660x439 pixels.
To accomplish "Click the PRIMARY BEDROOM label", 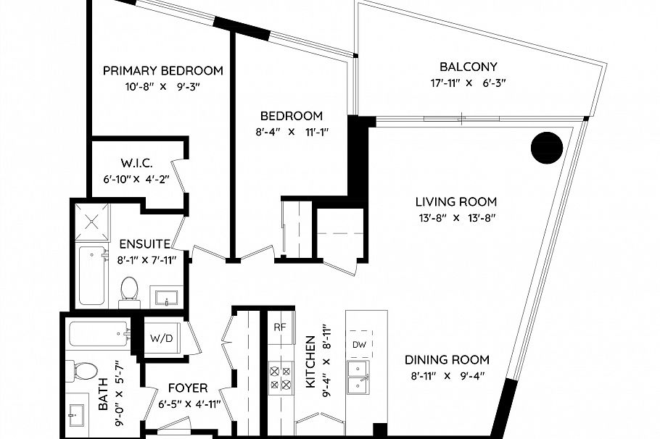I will pyautogui.click(x=162, y=70).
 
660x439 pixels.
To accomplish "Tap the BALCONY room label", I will pyautogui.click(x=468, y=66).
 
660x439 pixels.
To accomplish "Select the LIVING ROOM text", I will pyautogui.click(x=455, y=201).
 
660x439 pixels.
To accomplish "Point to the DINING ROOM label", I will pyautogui.click(x=447, y=359).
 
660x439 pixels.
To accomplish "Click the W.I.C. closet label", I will pyautogui.click(x=136, y=164).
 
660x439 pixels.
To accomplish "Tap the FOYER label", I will pyautogui.click(x=187, y=388).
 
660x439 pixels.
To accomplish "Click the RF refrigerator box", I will pyautogui.click(x=280, y=327).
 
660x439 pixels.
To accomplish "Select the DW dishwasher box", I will pyautogui.click(x=359, y=344).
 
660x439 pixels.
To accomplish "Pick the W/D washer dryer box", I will pyautogui.click(x=160, y=338).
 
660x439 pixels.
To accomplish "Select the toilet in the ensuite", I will pyautogui.click(x=130, y=288).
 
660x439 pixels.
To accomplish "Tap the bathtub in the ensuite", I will pyautogui.click(x=92, y=275).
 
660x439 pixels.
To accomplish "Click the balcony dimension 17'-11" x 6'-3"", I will pyautogui.click(x=468, y=83).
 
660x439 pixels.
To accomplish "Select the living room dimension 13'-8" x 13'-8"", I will pyautogui.click(x=455, y=217).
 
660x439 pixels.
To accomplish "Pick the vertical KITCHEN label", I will pyautogui.click(x=310, y=362).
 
